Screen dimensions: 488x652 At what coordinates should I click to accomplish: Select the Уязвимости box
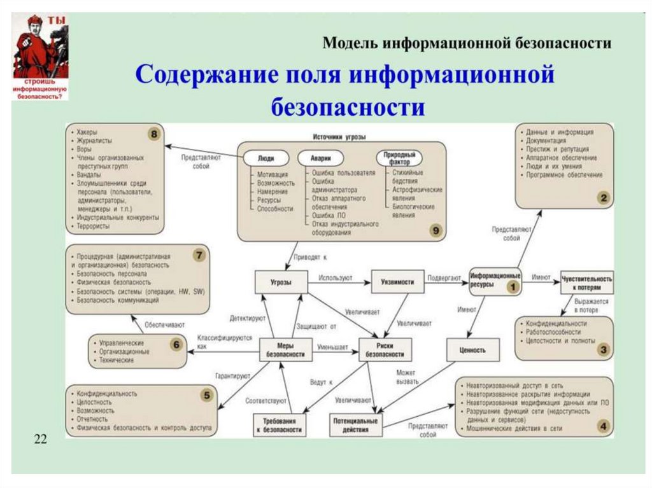(x=397, y=282)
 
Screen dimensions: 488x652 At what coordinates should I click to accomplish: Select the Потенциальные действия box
(x=357, y=425)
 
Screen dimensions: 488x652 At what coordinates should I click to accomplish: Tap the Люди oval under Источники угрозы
(x=266, y=157)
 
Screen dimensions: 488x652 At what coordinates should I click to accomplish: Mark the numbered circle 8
(x=153, y=134)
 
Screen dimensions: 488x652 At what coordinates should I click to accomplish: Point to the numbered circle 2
(x=602, y=199)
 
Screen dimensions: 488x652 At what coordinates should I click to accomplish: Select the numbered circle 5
(x=206, y=396)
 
